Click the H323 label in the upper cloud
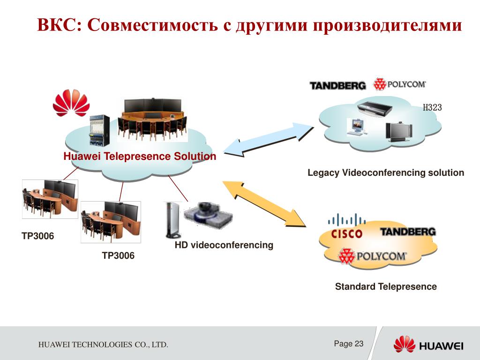point(432,107)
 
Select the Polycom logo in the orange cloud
point(373,256)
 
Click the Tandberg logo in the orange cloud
point(408,232)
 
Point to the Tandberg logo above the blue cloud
point(337,85)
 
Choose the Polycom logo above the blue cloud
point(399,84)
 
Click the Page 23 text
point(349,344)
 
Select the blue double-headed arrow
point(269,138)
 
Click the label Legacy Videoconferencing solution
point(385,173)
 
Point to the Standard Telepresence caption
point(385,286)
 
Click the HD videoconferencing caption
point(224,245)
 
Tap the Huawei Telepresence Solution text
point(140,157)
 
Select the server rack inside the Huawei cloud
point(99,131)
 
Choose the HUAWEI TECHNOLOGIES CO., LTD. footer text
point(103,345)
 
